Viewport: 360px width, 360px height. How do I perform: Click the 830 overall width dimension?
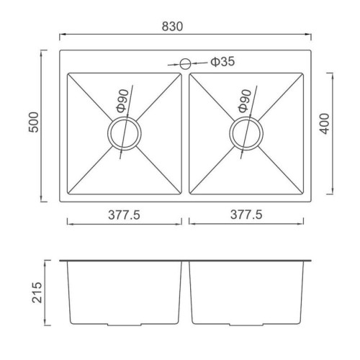pyautogui.click(x=172, y=27)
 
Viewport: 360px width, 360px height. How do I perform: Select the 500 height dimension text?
pyautogui.click(x=34, y=122)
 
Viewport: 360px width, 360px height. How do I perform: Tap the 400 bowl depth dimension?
pyautogui.click(x=325, y=124)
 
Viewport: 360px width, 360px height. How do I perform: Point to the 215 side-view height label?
pyautogui.click(x=37, y=292)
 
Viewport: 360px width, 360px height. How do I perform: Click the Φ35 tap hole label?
pyautogui.click(x=222, y=62)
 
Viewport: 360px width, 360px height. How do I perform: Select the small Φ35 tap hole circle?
pyautogui.click(x=185, y=63)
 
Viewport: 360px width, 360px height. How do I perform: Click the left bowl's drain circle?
pyautogui.click(x=125, y=134)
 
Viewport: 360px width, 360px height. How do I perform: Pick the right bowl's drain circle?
pyautogui.click(x=246, y=134)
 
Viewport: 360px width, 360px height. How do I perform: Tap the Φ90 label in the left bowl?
pyautogui.click(x=122, y=101)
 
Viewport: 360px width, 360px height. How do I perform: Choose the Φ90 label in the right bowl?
pyautogui.click(x=244, y=101)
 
